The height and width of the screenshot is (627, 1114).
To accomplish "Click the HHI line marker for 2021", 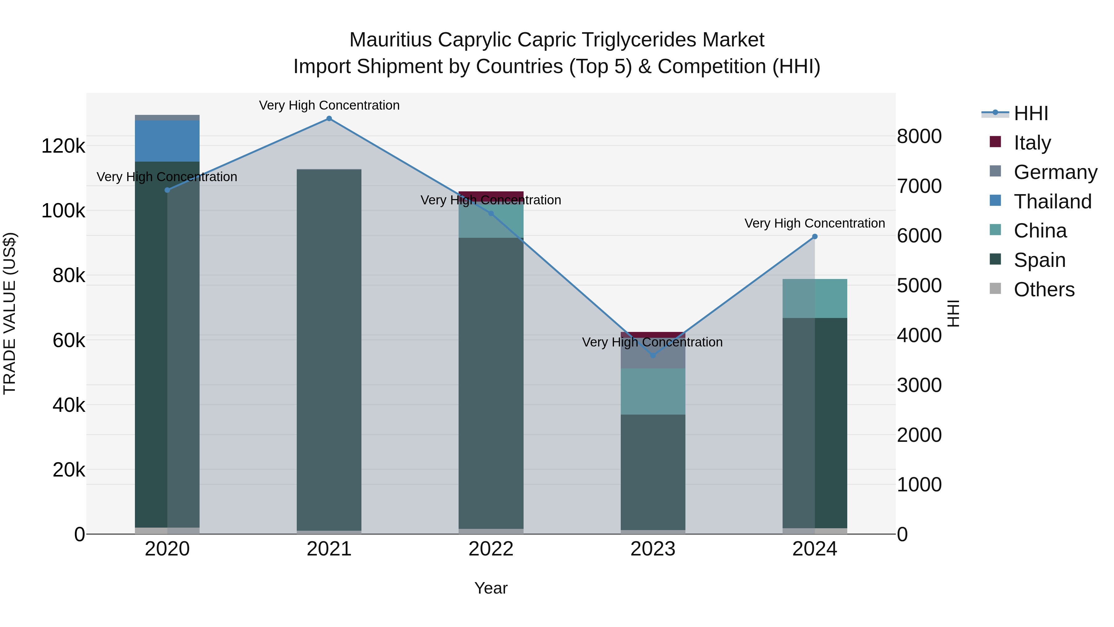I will coord(329,119).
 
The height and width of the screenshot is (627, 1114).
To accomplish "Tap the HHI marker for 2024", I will coord(815,237).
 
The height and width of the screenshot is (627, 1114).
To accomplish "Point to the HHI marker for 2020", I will coord(167,190).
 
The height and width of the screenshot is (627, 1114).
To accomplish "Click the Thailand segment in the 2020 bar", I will coord(167,141).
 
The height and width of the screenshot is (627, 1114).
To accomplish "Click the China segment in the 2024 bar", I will coord(815,298).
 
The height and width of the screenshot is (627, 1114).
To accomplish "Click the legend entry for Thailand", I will coord(1053,202).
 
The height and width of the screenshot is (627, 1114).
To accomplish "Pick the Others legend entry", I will coord(1044,290).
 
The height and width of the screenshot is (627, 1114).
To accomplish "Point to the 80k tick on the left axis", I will coord(68,276).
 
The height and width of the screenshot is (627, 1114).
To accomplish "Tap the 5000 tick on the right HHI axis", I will coord(919,285).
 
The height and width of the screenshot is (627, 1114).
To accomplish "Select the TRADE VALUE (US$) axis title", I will coord(10,313).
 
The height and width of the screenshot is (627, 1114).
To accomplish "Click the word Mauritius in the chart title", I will coord(390,40).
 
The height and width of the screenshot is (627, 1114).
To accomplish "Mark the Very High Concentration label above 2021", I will coord(329,105).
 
